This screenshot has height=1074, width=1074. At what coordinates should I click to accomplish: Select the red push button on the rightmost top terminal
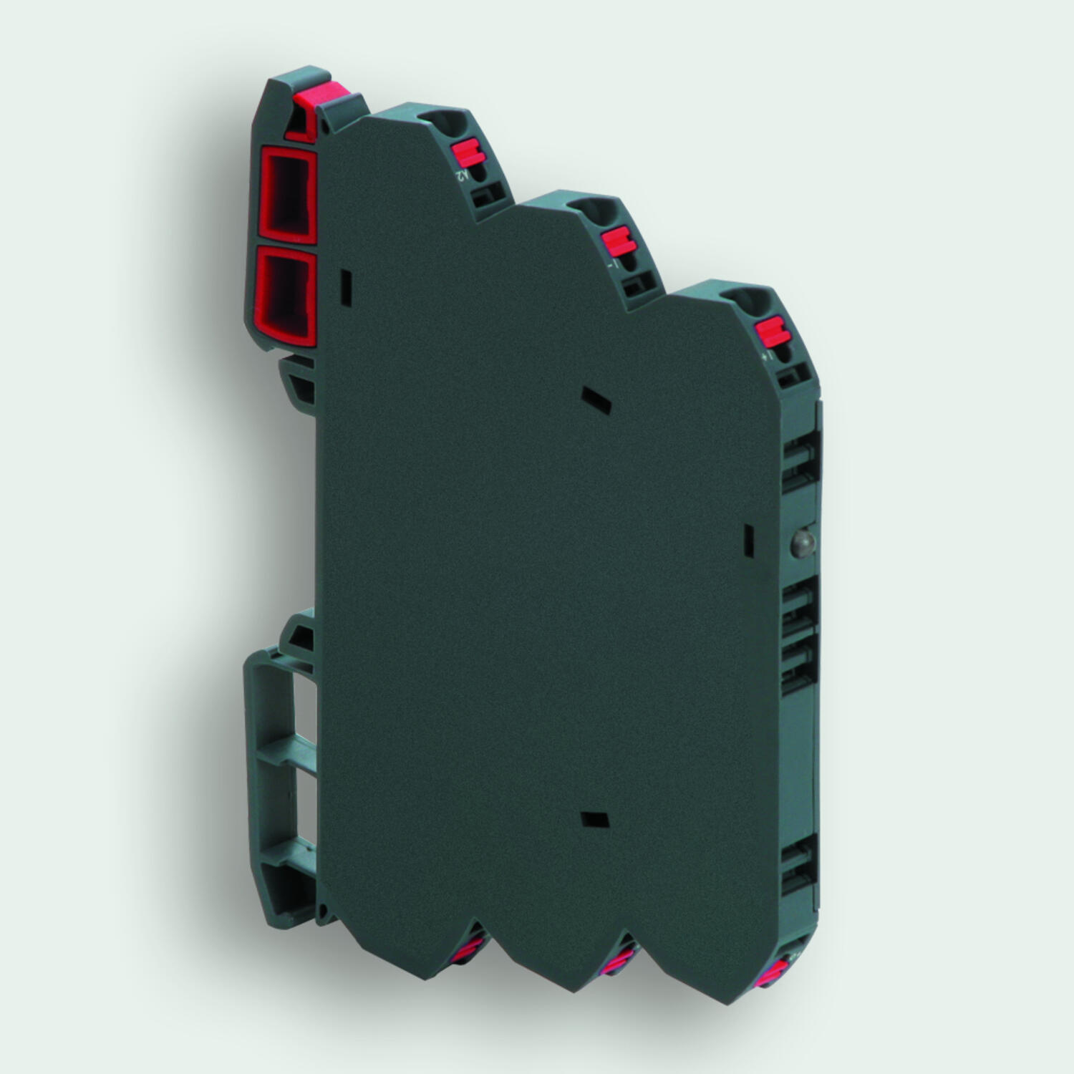772,331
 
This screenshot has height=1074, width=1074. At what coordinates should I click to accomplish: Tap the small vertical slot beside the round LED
748,541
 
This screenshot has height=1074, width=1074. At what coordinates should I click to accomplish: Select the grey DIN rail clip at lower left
272,759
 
